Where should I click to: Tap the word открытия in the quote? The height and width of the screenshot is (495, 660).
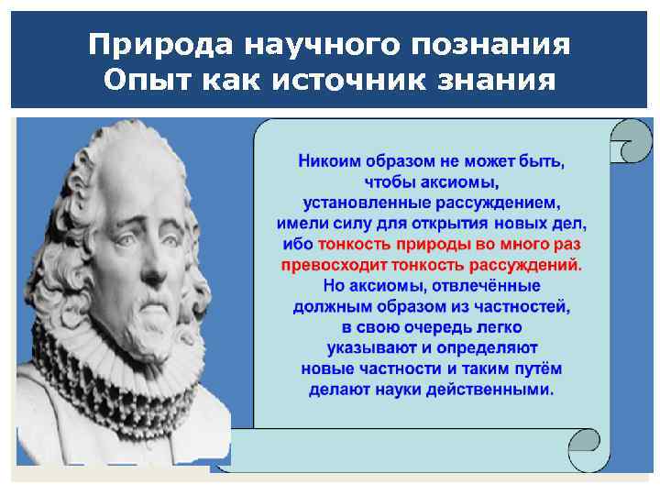click(447, 223)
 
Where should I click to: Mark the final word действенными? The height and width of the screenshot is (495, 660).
click(495, 389)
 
